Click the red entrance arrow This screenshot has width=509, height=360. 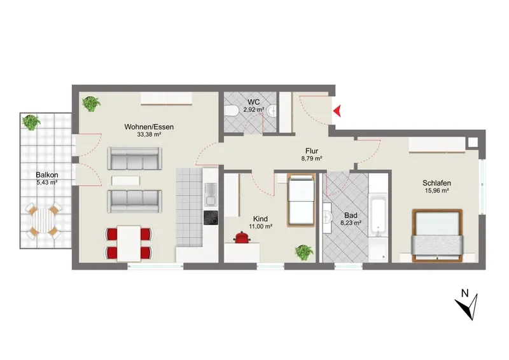[x=337, y=111]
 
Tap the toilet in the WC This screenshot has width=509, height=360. [x=231, y=111]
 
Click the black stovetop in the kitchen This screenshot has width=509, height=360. [x=211, y=217]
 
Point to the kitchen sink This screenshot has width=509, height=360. [x=211, y=195]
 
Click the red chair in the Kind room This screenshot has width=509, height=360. [x=242, y=237]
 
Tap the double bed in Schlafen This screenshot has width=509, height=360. [x=437, y=235]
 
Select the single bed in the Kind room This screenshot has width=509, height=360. [x=300, y=200]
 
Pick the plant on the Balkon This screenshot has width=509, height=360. [x=31, y=122]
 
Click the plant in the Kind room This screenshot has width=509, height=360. [x=304, y=252]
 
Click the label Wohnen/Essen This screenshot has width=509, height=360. [x=149, y=127]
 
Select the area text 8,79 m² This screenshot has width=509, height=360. [x=312, y=159]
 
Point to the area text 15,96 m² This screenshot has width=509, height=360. [x=436, y=191]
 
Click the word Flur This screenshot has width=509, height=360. [x=312, y=151]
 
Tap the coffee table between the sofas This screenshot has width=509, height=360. [x=126, y=181]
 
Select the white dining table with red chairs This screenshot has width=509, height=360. [x=129, y=244]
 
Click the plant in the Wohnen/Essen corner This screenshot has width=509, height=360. [x=91, y=104]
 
